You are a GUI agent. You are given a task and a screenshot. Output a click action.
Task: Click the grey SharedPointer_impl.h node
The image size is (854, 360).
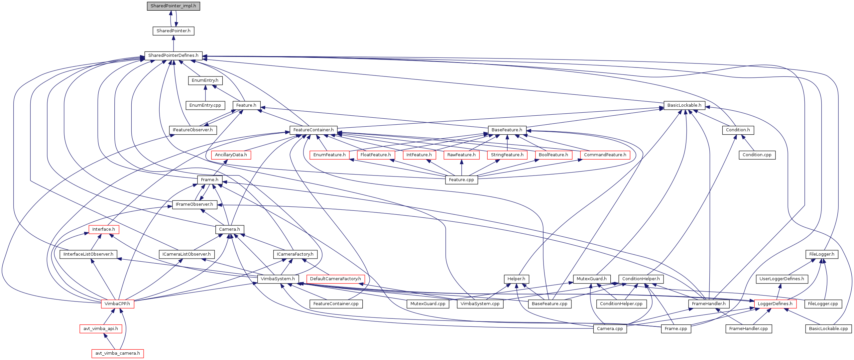coord(173,6)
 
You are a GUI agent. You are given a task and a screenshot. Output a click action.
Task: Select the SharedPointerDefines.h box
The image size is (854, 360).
coord(173,56)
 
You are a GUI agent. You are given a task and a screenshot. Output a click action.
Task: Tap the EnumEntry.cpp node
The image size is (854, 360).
coord(205,105)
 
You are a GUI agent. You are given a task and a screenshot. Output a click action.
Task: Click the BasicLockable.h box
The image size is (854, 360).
coord(684,105)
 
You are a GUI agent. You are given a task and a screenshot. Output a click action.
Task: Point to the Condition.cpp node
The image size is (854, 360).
coord(757,155)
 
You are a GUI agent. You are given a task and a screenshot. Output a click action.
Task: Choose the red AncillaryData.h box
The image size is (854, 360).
coord(231,155)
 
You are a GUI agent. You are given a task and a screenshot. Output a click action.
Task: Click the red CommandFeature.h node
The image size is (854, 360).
coord(605,155)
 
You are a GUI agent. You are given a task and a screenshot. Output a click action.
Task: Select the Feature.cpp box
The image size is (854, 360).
coord(461,180)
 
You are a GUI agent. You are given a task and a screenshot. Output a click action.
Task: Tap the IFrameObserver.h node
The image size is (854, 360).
coord(194,204)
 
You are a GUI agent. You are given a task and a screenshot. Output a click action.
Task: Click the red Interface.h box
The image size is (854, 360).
coord(104,229)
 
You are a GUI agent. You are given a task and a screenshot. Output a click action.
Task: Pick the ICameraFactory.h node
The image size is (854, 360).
coord(295,254)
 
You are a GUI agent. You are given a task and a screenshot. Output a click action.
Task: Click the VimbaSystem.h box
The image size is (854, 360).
coord(278,279)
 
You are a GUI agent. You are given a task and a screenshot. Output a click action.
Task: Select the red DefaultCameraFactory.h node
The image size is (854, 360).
coord(335,279)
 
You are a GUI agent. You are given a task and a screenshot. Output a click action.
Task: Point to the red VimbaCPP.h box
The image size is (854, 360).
coord(117,304)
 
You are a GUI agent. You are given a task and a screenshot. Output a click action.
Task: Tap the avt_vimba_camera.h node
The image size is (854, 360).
coord(118,353)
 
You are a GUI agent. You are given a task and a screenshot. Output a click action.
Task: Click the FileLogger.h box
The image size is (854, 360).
coord(822,254)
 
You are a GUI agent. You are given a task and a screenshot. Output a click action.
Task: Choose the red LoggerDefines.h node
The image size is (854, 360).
coord(775,304)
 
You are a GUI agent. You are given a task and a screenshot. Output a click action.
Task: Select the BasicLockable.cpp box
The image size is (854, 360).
coord(828,329)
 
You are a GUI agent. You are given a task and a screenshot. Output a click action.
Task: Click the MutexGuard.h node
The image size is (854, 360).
coord(591,279)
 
